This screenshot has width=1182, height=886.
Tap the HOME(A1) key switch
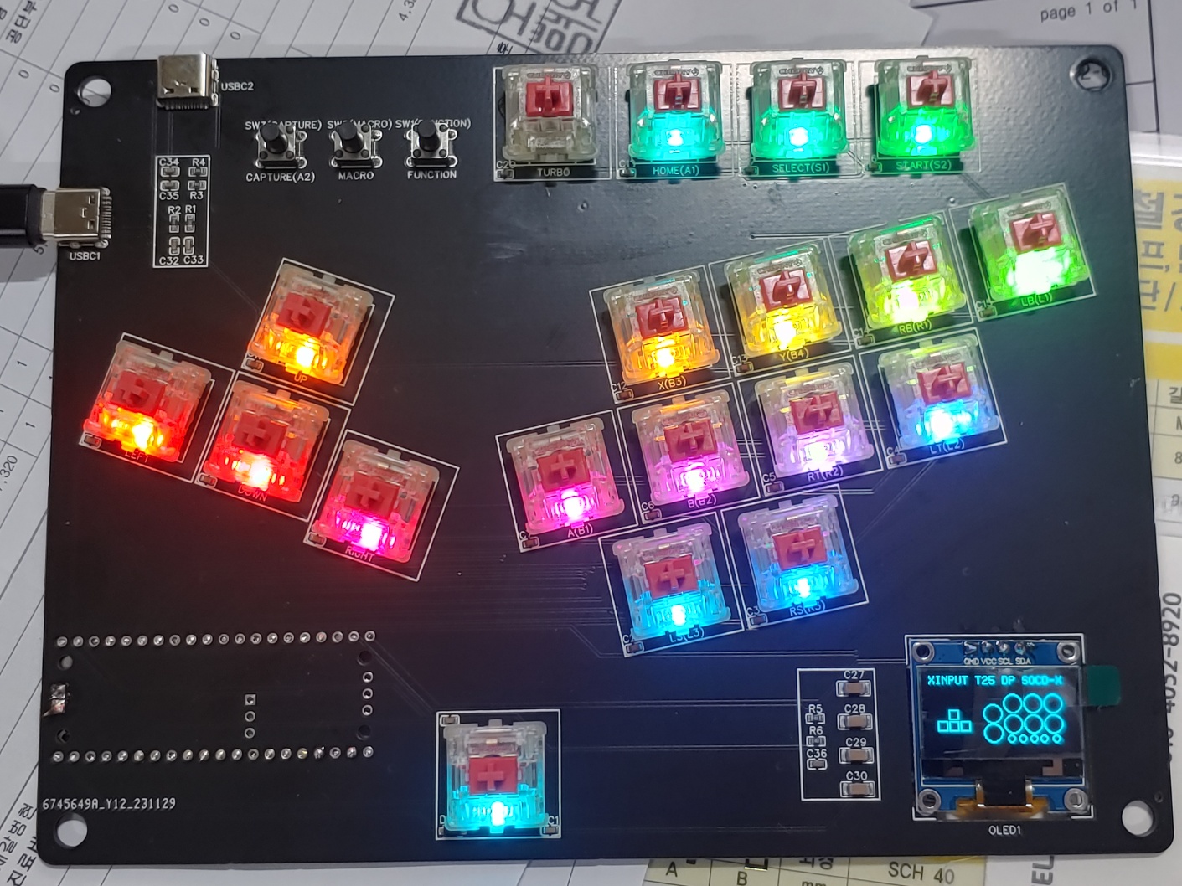[x=675, y=115]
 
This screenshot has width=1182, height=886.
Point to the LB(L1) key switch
[x=1030, y=252]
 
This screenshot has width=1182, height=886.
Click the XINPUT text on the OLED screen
[x=947, y=681]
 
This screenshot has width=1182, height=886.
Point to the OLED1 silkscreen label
[x=1005, y=830]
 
